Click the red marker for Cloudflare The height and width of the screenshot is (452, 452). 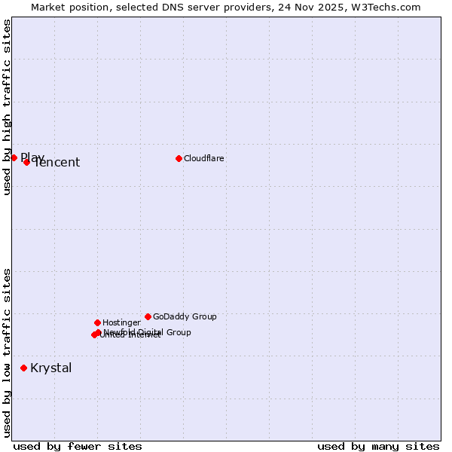coord(179,158)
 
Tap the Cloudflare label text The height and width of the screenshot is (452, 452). coord(203,158)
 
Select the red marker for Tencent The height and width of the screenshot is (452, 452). coord(26,162)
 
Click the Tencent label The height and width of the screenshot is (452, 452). coord(57,163)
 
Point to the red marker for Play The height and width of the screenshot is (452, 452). coord(14,157)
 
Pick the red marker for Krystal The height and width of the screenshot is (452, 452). coord(23,368)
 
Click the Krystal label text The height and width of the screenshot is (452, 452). coord(51,368)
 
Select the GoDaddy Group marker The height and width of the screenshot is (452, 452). coord(148,316)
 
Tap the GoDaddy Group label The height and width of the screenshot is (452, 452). coord(185,316)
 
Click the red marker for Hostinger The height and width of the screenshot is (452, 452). coord(97,322)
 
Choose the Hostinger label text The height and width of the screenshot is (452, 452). coord(121,322)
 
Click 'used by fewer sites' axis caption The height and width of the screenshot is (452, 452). coord(78,446)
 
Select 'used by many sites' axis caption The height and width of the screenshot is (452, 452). coord(378,446)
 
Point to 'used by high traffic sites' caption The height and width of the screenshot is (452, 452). coord(8,108)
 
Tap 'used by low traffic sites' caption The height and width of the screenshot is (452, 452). coord(8,352)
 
